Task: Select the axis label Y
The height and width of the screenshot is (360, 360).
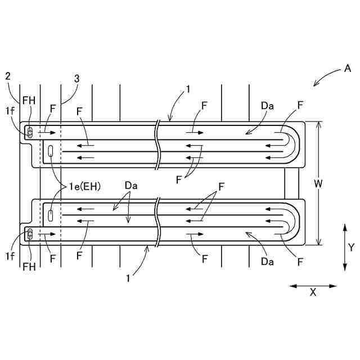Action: (x=350, y=246)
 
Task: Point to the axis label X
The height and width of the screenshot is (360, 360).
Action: (x=313, y=292)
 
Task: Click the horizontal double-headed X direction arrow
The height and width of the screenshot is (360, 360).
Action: (x=313, y=286)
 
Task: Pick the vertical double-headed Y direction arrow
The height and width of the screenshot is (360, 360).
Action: (x=344, y=246)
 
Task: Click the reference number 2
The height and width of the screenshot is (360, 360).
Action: (x=8, y=76)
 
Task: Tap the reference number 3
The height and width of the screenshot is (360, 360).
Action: (x=77, y=79)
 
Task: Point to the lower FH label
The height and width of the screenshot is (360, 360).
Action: (x=30, y=267)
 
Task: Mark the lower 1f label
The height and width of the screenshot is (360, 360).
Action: (x=10, y=256)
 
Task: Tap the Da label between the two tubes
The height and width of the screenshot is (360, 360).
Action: (x=131, y=185)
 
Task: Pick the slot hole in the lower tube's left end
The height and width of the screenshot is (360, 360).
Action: (x=51, y=215)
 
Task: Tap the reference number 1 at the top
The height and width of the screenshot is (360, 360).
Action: (x=188, y=89)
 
